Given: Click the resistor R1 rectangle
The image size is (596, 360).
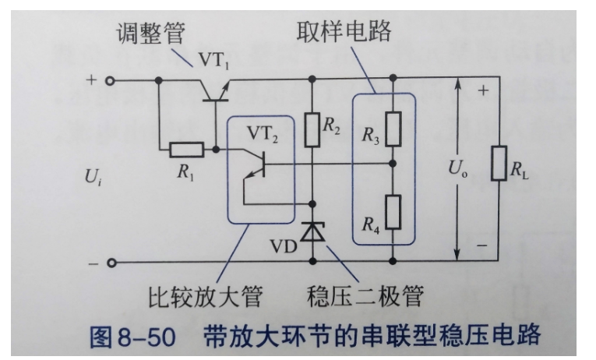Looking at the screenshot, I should pyautogui.click(x=187, y=148).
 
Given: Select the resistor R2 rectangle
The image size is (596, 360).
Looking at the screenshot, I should pyautogui.click(x=313, y=131).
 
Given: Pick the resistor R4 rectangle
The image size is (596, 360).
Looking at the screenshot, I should pyautogui.click(x=393, y=211).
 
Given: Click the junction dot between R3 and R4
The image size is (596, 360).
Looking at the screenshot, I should pyautogui.click(x=393, y=164).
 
